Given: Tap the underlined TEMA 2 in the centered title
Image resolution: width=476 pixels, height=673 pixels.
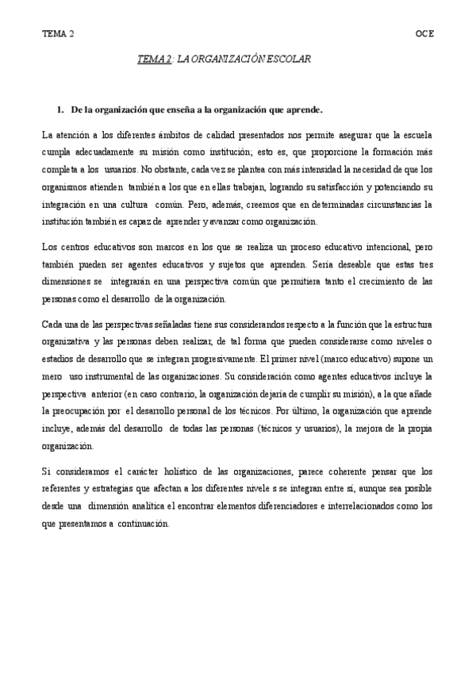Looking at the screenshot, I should pos(155,59).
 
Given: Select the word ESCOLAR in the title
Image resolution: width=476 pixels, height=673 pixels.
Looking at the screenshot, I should pos(286,59).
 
